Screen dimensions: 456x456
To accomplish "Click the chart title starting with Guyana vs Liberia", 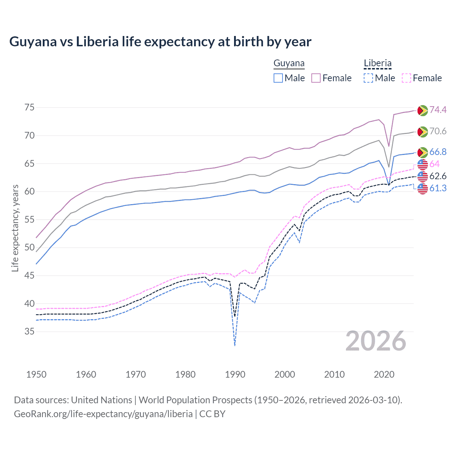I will coord(160,42).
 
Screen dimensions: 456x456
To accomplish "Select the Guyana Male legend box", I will coord(278,78).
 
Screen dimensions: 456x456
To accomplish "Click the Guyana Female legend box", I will coord(316,78).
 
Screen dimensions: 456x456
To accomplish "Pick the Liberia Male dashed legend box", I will coord(368,78).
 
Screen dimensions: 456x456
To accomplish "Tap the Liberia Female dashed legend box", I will coord(406,78).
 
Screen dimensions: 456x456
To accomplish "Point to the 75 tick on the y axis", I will coord(30,107).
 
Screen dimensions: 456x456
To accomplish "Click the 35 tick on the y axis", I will coord(30,332).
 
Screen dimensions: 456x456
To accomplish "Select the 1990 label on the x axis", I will coord(235,374).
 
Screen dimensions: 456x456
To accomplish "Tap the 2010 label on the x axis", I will coord(334,374).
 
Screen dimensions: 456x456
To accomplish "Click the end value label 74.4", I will coord(438,110).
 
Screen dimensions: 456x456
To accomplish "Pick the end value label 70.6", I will coord(438,131).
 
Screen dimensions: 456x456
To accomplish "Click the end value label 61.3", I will coord(438,188).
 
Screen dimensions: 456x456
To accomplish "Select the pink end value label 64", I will coord(435,164).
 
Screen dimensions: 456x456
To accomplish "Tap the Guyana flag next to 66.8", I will coord(423,152).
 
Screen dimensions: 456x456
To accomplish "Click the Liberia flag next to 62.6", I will coord(423,176).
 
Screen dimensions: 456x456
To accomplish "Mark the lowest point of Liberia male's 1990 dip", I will coord(235,345).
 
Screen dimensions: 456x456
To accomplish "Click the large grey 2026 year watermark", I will coord(376,341).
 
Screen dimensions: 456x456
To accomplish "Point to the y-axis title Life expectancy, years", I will coord(15,228).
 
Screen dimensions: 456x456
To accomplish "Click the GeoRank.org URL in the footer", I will coord(103,414).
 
